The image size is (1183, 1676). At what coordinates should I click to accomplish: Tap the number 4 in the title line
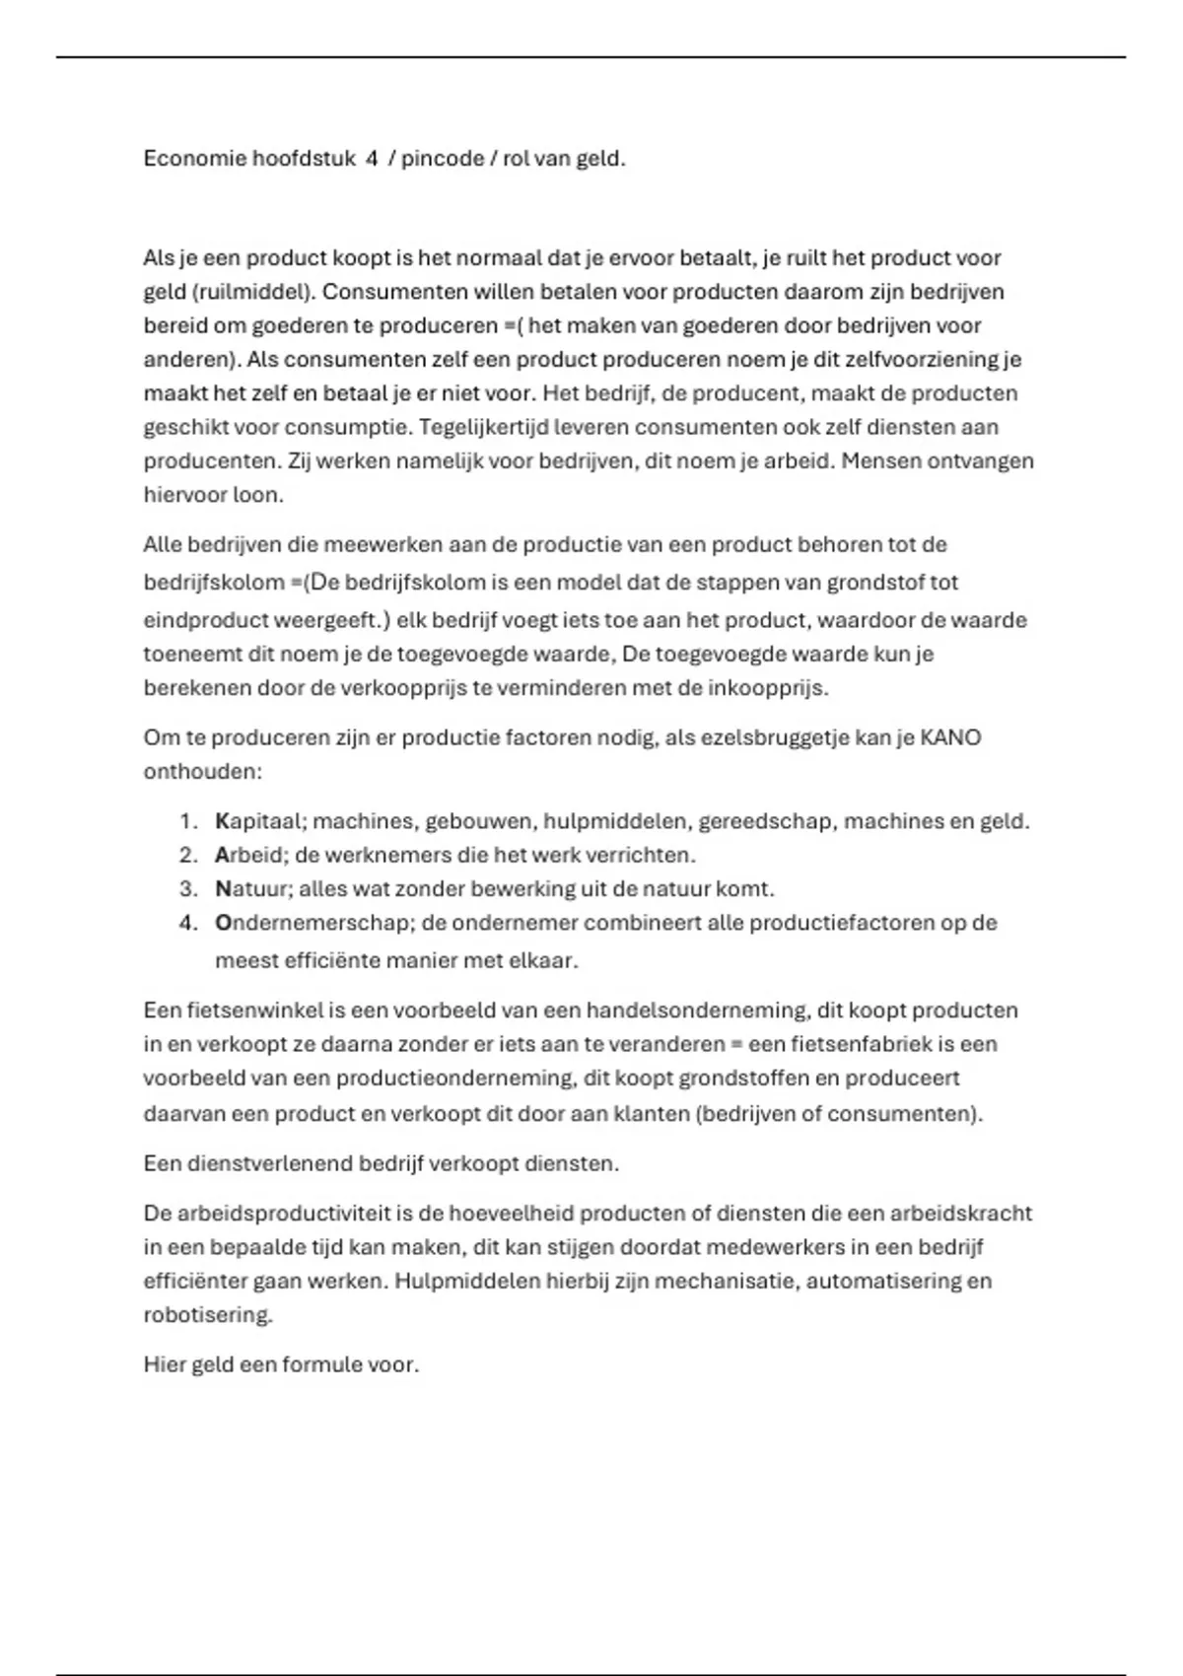coord(372,159)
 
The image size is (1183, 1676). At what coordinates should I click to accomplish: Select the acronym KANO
coord(950,737)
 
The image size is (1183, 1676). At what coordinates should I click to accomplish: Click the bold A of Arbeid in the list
coord(222,855)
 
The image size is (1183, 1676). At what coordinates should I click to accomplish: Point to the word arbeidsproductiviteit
coord(279,1214)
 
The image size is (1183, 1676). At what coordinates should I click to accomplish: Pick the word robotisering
coord(207,1315)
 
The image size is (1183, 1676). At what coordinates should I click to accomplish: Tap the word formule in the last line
coord(321,1365)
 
